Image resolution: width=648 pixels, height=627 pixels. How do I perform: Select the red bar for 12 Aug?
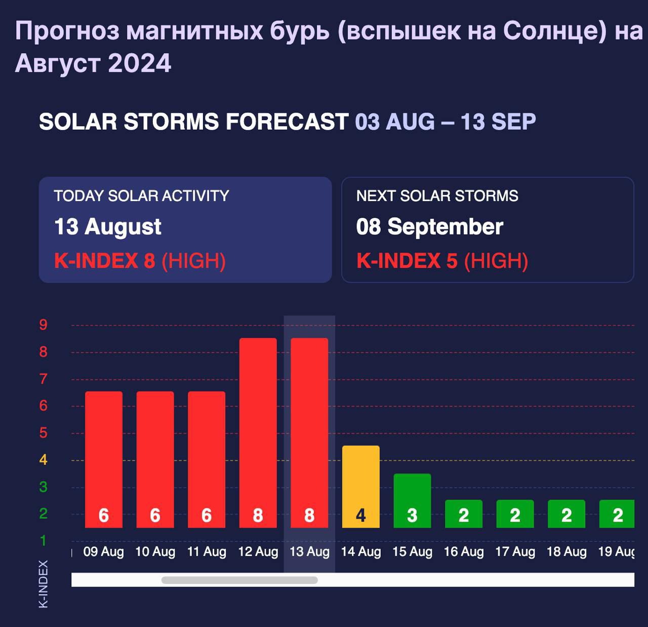[258, 433]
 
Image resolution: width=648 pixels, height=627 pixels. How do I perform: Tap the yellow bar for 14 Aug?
[361, 486]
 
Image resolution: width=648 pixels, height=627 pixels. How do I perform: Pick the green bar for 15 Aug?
[412, 500]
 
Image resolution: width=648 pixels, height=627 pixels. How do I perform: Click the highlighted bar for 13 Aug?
[309, 433]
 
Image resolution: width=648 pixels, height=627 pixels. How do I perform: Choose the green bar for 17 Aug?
[515, 514]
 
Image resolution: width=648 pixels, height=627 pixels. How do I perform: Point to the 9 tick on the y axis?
[44, 325]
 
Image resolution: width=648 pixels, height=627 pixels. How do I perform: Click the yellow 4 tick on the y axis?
[44, 460]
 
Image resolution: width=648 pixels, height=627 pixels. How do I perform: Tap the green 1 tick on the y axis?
[44, 540]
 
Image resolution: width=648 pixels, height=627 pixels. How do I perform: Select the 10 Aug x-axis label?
[155, 552]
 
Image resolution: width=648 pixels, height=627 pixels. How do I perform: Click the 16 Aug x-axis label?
[464, 552]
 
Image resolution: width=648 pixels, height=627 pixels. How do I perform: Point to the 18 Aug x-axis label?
[566, 552]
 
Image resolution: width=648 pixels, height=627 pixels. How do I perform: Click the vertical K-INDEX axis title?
[44, 583]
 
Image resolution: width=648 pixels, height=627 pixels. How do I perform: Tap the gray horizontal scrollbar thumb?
[239, 580]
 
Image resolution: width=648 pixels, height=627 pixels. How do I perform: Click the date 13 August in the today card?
[107, 226]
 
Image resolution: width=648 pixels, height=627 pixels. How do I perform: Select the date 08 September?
[429, 226]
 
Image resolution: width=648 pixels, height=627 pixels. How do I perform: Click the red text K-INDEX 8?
[104, 261]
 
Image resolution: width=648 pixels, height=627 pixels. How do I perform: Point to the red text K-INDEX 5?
[407, 261]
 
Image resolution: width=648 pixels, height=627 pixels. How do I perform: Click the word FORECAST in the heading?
[287, 122]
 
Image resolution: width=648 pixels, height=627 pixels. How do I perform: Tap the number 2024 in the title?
[139, 63]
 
